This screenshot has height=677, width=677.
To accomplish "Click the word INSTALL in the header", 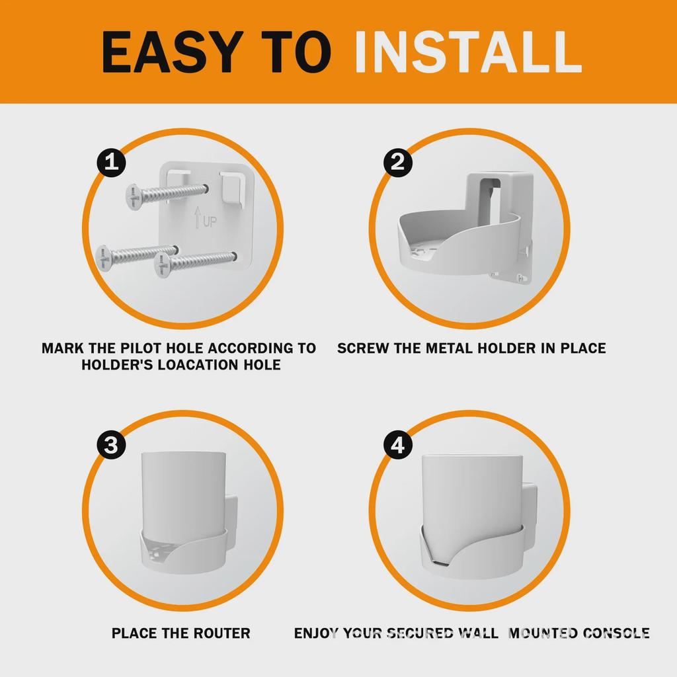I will (467, 52).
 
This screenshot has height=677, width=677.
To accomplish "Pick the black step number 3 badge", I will (112, 446).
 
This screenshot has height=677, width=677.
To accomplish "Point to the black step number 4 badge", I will (397, 446).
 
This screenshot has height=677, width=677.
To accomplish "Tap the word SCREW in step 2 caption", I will (362, 348).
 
